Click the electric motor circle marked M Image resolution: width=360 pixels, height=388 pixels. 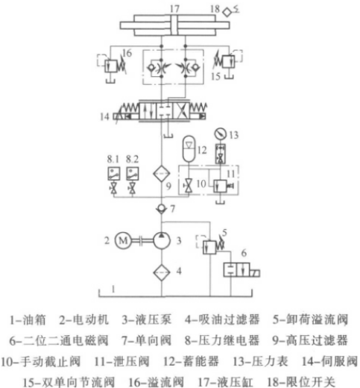coord(123,240)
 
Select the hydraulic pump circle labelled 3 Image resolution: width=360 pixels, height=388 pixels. coord(162,240)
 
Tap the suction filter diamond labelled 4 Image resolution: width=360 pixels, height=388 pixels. coord(162,272)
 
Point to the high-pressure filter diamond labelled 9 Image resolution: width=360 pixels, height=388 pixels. coord(162,173)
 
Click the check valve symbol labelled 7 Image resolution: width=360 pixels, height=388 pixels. coord(162,208)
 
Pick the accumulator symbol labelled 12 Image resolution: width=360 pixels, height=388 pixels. coord(189,148)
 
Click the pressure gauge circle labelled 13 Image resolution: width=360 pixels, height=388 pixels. coord(220,134)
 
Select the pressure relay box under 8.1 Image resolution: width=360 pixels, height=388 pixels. coord(114,173)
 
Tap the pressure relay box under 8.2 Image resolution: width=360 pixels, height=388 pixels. coord(133,173)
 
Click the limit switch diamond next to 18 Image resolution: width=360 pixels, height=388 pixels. coord(227,12)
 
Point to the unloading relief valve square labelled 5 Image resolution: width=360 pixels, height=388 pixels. coord(209,247)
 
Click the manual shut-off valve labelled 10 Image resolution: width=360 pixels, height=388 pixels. coord(189,186)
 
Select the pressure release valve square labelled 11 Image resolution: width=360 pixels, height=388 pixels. coord(220,186)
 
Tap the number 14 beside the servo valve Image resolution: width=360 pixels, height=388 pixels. coord(104,116)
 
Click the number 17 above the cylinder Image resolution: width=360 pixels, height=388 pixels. coord(174,9)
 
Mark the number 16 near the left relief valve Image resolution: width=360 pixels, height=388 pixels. coord(127,53)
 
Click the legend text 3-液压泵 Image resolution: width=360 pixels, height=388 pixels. coord(147,320)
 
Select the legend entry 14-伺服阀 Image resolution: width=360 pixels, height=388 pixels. coord(330,361)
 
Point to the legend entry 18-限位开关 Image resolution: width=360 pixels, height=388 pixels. coord(301,382)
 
